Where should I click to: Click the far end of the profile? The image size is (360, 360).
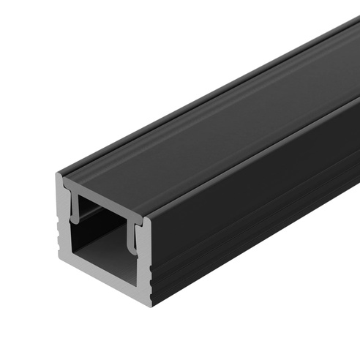351,44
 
